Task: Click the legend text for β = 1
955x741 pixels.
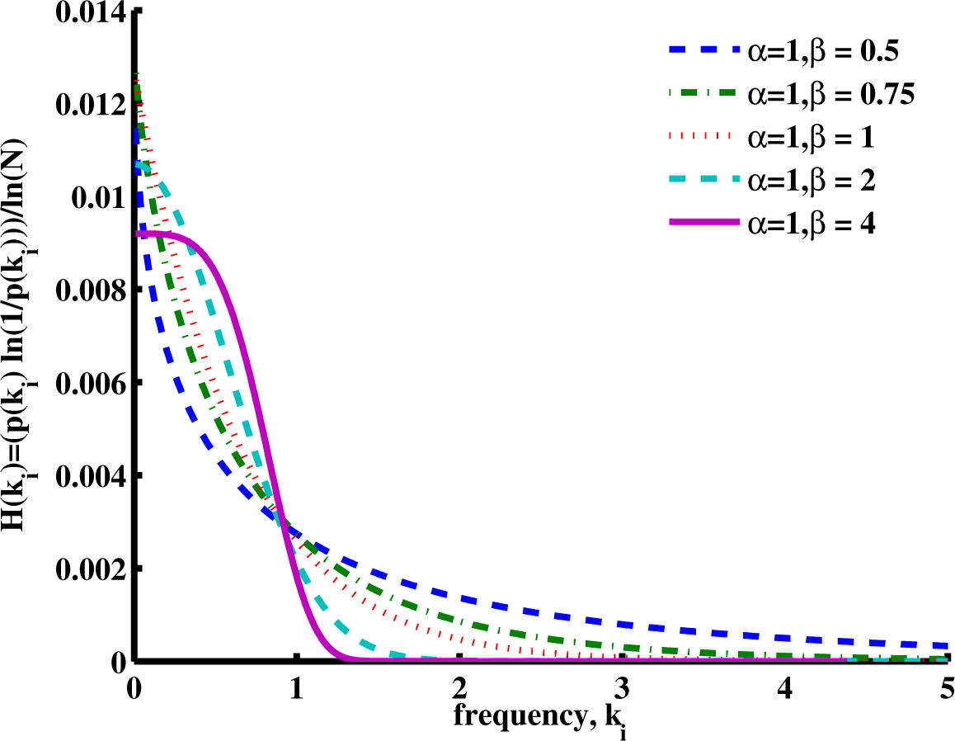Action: (811, 138)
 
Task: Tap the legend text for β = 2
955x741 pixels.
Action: (811, 181)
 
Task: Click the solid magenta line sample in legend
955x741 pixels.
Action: (699, 224)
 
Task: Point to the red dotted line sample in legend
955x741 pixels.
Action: (699, 138)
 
